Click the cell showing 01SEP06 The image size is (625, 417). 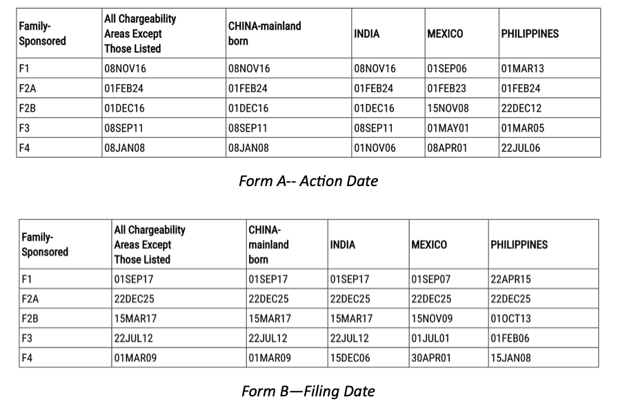tap(448, 68)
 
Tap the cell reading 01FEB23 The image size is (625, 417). tap(448, 88)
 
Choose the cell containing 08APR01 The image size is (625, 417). tap(448, 148)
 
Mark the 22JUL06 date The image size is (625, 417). tap(522, 148)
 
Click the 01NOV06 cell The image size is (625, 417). tap(375, 148)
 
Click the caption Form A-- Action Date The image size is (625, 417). tap(308, 181)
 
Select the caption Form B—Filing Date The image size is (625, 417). tap(308, 391)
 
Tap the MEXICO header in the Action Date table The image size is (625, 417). tap(445, 33)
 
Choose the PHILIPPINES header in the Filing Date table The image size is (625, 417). tap(519, 244)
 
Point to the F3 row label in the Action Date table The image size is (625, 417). tap(24, 128)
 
